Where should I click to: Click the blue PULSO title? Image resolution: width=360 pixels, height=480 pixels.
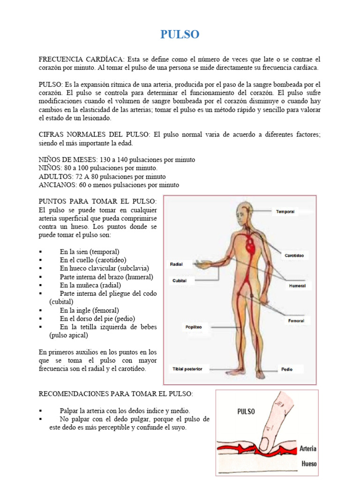tap(180, 34)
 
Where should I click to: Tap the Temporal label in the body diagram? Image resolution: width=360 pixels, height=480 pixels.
tap(285, 212)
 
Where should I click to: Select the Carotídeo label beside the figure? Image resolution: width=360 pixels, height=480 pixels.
tap(294, 255)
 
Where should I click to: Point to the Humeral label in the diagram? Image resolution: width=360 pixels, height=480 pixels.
tap(297, 285)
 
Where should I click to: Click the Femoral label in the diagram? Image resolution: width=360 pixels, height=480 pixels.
tap(296, 321)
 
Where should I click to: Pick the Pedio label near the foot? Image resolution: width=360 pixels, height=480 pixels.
tap(287, 369)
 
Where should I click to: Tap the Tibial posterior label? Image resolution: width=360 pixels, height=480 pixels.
tap(187, 369)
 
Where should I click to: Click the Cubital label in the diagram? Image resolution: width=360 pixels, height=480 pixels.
tap(180, 280)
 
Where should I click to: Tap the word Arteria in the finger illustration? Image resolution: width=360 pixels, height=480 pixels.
tap(308, 449)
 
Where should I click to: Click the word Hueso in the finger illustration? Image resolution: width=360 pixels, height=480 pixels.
tap(309, 464)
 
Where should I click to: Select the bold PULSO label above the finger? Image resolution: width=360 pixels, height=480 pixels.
tap(246, 412)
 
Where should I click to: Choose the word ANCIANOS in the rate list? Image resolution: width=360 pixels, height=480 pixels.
tap(54, 185)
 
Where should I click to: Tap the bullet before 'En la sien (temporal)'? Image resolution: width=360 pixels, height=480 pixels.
tap(41, 252)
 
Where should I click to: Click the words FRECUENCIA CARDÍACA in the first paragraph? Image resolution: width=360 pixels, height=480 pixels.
tap(81, 60)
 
